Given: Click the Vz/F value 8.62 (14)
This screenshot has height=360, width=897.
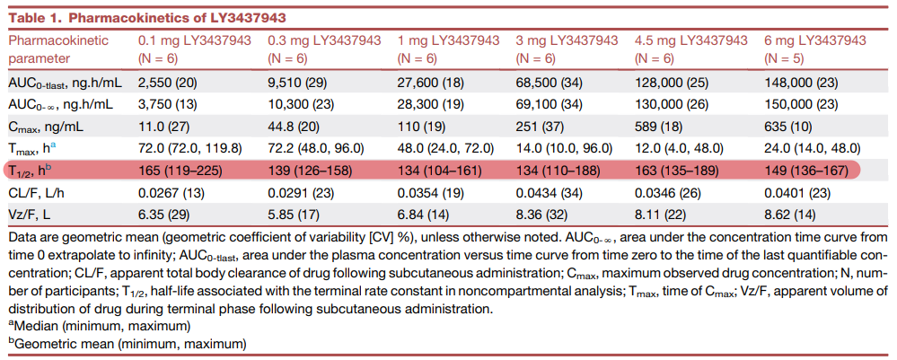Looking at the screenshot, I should [789, 213].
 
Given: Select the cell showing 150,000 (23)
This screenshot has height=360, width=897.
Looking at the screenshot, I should [800, 104].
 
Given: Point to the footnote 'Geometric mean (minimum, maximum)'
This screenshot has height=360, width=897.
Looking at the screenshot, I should [128, 343].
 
